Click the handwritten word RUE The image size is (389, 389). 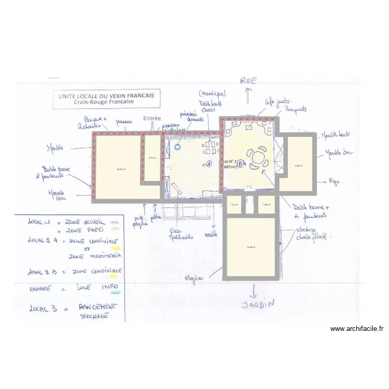(x=248, y=80)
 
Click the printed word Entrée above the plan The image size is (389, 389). (x=152, y=119)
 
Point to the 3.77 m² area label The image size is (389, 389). (x=152, y=158)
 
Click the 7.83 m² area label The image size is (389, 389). (x=298, y=166)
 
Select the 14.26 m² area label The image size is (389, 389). (x=251, y=247)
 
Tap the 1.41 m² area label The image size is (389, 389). (x=233, y=204)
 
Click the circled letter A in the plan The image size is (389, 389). (x=209, y=163)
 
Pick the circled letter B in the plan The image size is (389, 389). (x=240, y=163)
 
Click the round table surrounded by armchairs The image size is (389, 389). (x=258, y=157)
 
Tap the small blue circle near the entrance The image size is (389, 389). (x=178, y=146)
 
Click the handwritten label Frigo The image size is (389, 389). (x=334, y=182)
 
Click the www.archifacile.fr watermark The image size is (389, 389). (x=357, y=328)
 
